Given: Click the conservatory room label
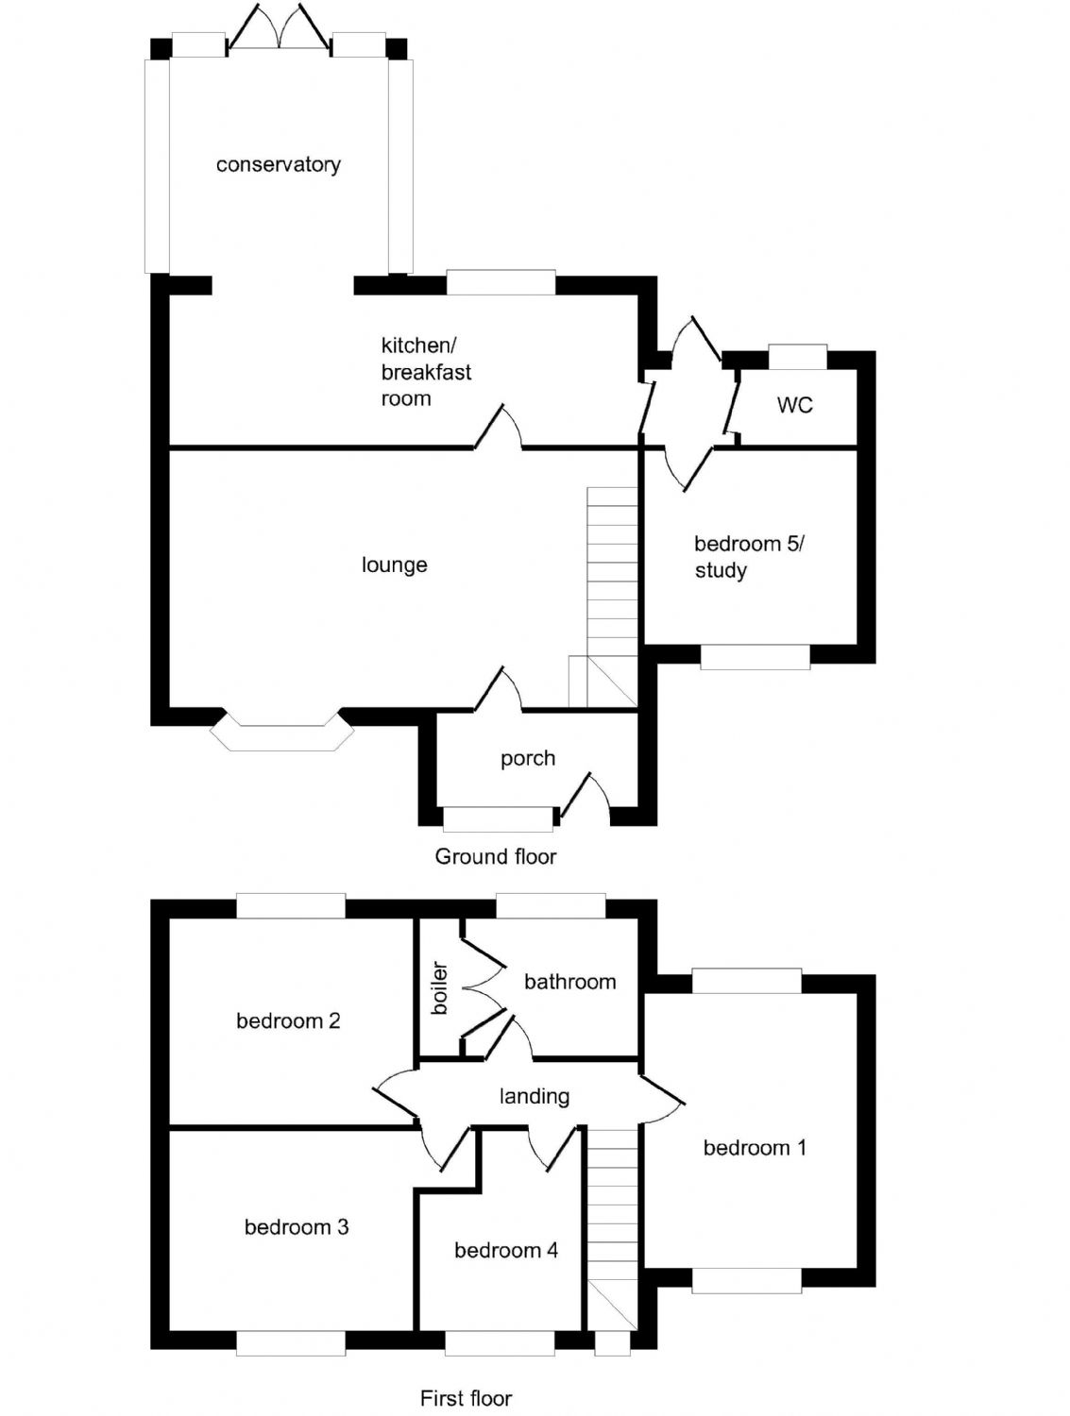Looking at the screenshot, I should (278, 165).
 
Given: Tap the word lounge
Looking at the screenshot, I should (394, 565).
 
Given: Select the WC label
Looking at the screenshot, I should (794, 405).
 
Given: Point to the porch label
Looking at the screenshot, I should (527, 759).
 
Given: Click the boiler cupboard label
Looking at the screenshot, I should (439, 988).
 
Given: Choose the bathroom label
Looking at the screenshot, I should (569, 982).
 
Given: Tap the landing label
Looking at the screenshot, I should (534, 1096).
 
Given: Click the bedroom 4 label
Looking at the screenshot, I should (505, 1251).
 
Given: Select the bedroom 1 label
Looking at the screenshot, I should (754, 1148).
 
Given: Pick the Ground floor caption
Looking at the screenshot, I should (495, 856).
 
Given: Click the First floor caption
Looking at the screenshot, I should (466, 1398).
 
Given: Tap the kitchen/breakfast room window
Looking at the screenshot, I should (501, 281).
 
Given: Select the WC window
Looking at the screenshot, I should (797, 357).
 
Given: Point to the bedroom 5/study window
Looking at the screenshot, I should (755, 657).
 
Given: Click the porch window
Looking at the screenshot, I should (498, 818).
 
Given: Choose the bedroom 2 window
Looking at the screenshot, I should (290, 905).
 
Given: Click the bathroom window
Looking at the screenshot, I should (550, 905).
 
